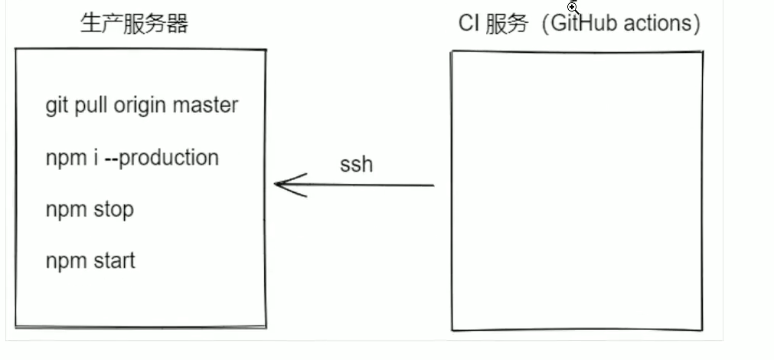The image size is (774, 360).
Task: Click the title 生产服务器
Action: point(134,24)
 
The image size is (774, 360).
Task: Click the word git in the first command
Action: point(56,106)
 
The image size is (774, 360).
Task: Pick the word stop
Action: point(114,209)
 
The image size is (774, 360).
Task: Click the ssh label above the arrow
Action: point(356,164)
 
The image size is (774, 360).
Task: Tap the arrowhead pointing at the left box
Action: point(279,185)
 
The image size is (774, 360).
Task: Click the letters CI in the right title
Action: point(468,24)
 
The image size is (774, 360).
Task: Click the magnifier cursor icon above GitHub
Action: point(573,8)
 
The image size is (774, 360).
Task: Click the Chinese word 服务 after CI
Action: point(507,24)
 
